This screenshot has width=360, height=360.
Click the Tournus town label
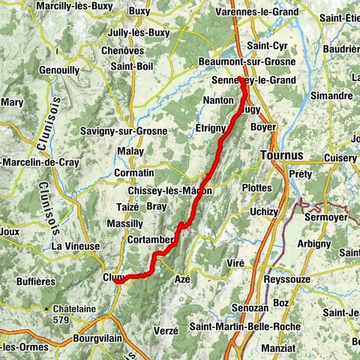283,155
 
